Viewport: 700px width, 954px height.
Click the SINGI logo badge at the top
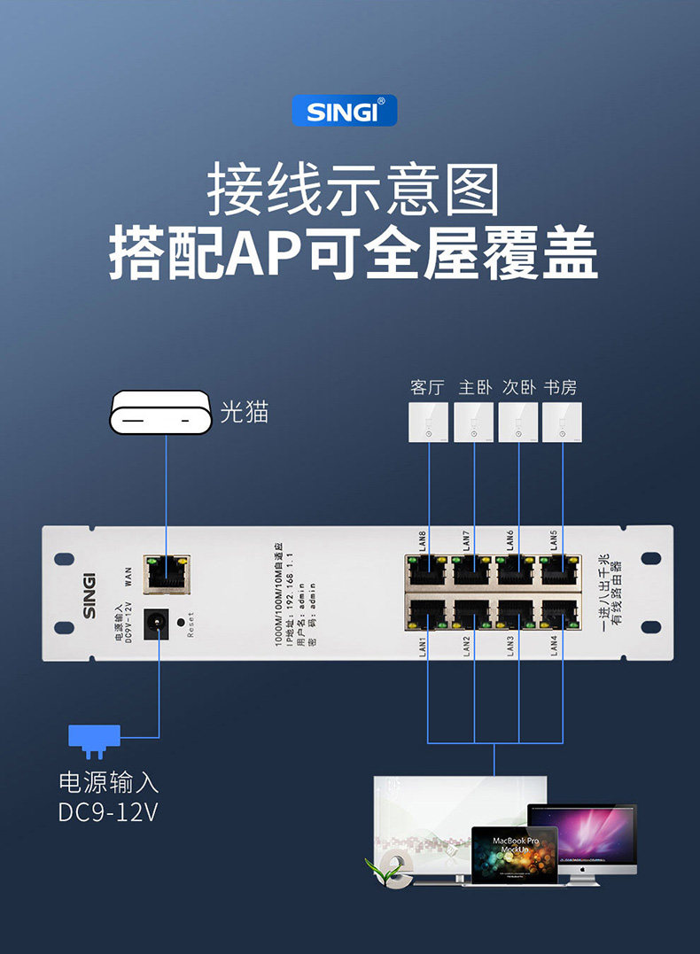click(345, 111)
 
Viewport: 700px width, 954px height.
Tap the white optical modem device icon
click(160, 414)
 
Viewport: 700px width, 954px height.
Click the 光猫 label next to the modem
click(244, 412)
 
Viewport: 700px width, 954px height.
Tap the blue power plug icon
click(94, 739)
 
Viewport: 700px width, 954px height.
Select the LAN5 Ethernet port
click(561, 572)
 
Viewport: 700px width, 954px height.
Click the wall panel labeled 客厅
click(429, 423)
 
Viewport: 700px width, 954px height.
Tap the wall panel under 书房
click(562, 423)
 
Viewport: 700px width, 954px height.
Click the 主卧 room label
click(475, 388)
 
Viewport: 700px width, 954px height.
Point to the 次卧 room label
click(519, 388)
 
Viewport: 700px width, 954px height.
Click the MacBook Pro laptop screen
click(514, 853)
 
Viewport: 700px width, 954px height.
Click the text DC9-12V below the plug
click(108, 811)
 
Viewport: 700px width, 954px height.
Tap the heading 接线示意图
click(353, 190)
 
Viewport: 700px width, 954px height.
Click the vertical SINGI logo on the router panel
click(89, 593)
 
